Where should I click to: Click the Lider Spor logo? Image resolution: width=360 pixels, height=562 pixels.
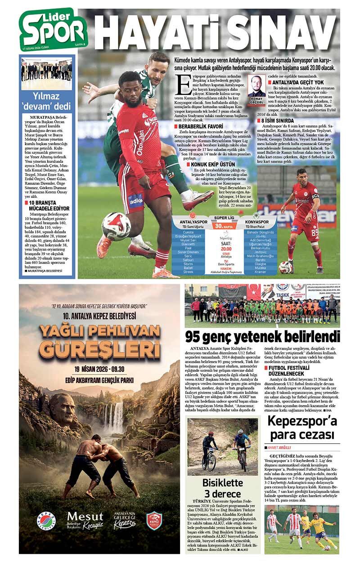pos(53,29)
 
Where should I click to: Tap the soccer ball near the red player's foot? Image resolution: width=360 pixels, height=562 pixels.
pos(116,226)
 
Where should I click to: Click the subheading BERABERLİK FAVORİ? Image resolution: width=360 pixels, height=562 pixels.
pos(198,126)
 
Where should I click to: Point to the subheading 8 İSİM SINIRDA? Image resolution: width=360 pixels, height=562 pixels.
pos(288,120)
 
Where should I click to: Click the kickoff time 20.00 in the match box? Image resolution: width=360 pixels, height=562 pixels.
pos(226,248)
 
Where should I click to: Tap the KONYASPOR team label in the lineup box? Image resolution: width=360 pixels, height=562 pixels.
pos(257,222)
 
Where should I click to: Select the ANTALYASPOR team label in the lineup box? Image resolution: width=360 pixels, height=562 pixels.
pos(193,222)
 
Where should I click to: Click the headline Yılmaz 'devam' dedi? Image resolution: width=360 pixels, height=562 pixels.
pos(47,101)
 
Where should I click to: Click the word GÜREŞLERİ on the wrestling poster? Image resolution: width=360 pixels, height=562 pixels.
pos(99,347)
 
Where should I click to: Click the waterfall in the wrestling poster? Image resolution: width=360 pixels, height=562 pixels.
pos(118,416)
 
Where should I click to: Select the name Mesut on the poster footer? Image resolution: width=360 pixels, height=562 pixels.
pos(85,516)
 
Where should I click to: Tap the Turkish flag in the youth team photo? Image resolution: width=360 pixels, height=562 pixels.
pos(253,292)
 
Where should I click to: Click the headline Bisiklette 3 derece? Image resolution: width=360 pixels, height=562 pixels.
pos(223,488)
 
